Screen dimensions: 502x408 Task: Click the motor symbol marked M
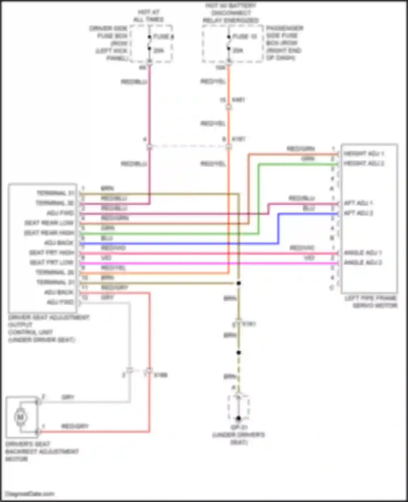pyautogui.click(x=20, y=417)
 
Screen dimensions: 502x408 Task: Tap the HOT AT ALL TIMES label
pyautogui.click(x=148, y=16)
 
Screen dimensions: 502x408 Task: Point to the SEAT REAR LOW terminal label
pyautogui.click(x=49, y=223)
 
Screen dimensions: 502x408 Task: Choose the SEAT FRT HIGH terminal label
pyautogui.click(x=51, y=253)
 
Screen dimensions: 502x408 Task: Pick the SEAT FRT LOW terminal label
pyautogui.click(x=51, y=262)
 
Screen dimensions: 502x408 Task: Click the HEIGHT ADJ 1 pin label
pyautogui.click(x=364, y=154)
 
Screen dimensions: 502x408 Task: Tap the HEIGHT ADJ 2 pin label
pyautogui.click(x=364, y=163)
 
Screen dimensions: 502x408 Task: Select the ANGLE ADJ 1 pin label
pyautogui.click(x=363, y=253)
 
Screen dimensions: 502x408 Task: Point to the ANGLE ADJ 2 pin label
pyautogui.click(x=363, y=262)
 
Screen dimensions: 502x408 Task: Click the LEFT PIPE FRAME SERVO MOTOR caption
pyautogui.click(x=370, y=302)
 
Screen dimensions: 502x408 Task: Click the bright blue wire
pyautogui.click(x=180, y=243)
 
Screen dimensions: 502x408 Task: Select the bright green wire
pyautogui.click(x=169, y=233)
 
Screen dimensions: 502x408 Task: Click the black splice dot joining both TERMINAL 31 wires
pyautogui.click(x=239, y=283)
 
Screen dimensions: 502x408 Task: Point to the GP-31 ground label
pyautogui.click(x=238, y=427)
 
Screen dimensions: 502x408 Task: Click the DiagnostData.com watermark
pyautogui.click(x=30, y=494)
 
